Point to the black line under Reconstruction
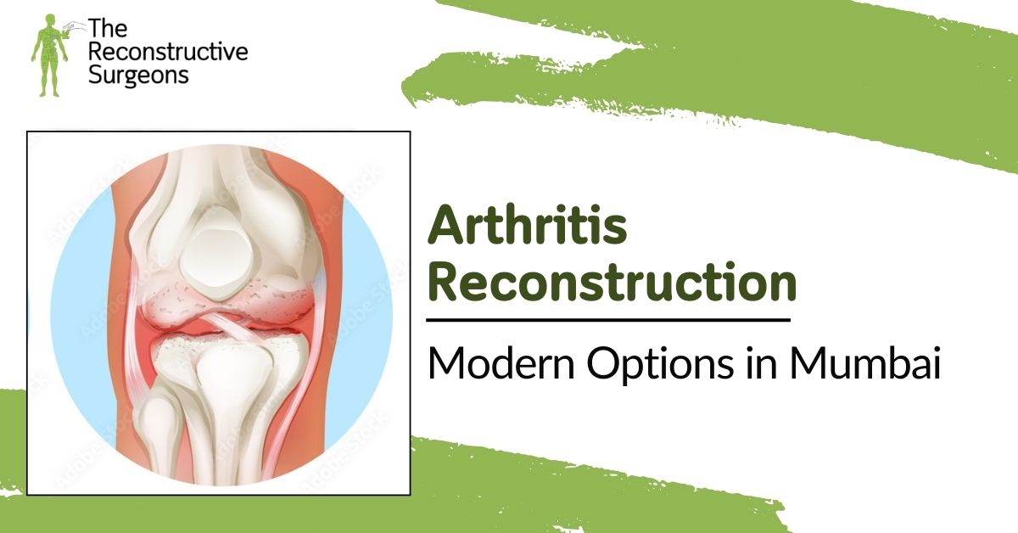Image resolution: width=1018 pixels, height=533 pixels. point(607,320)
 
